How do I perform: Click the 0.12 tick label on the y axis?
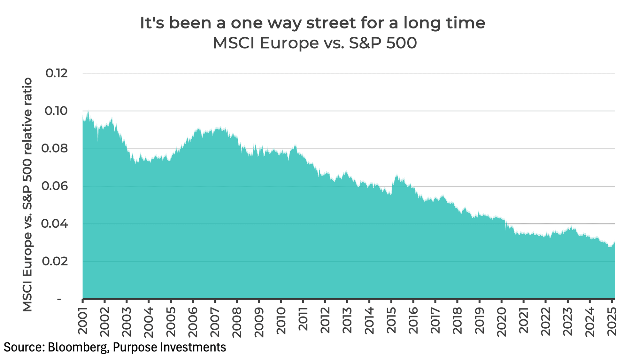pyautogui.click(x=57, y=74)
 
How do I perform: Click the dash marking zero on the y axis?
pyautogui.click(x=59, y=299)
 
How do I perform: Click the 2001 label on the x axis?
pyautogui.click(x=83, y=321)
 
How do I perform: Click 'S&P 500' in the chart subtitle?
pyautogui.click(x=383, y=43)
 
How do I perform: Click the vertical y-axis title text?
pyautogui.click(x=28, y=194)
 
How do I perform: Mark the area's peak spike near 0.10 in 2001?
pyautogui.click(x=88, y=111)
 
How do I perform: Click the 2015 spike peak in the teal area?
pyautogui.click(x=396, y=175)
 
